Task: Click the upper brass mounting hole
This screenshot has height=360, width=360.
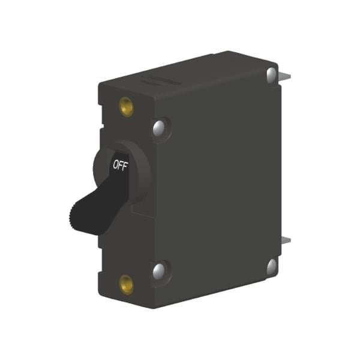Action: (x=126, y=106)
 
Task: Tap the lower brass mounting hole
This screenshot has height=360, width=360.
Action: (x=126, y=284)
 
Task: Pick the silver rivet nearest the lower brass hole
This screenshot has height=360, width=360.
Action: (x=159, y=271)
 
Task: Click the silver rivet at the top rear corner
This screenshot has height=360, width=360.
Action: (x=272, y=75)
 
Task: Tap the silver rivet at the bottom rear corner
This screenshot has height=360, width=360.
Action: (x=272, y=267)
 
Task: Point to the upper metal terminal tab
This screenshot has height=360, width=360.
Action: (x=285, y=77)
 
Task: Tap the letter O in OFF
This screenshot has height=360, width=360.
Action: (x=115, y=164)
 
